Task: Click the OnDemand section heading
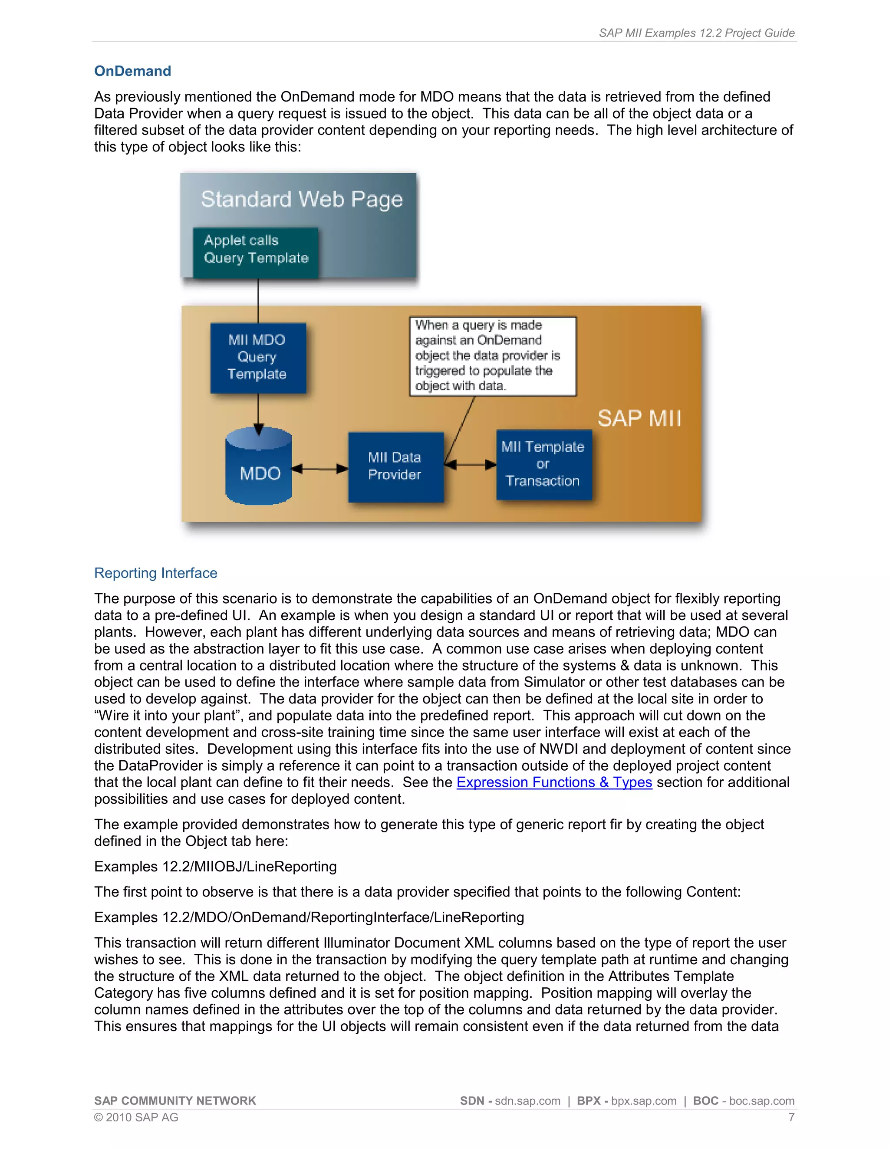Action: point(132,71)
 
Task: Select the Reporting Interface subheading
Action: point(155,573)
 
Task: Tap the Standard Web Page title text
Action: point(301,200)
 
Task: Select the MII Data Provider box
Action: point(395,467)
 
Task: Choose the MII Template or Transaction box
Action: point(543,464)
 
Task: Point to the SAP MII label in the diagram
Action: point(639,419)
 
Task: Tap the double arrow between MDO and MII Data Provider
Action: point(319,468)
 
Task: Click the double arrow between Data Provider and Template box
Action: point(470,464)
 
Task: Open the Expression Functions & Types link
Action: point(554,782)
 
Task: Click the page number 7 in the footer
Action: point(791,1117)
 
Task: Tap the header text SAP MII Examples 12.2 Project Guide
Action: point(696,33)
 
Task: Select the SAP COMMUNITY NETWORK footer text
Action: point(175,1101)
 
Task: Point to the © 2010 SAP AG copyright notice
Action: point(136,1117)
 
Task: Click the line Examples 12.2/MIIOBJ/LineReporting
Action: point(215,867)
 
